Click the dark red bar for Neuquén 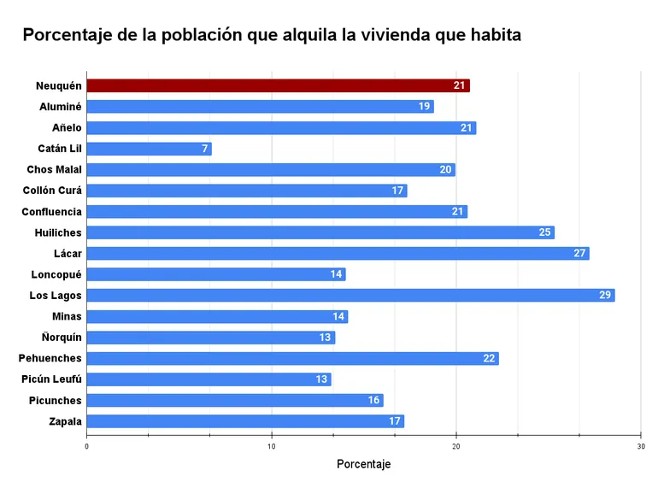tap(278, 85)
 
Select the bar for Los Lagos tap(350, 296)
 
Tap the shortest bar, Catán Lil tap(149, 149)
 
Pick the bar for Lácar tap(338, 254)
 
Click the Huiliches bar tap(320, 232)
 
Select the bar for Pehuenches tap(292, 358)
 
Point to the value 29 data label tap(605, 296)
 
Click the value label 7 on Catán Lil tap(205, 149)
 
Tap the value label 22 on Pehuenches tap(489, 358)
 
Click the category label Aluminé tap(61, 107)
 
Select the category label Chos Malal tap(54, 169)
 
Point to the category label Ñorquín tap(62, 338)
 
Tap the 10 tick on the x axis tap(272, 446)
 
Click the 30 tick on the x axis tap(641, 446)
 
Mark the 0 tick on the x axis tap(86, 446)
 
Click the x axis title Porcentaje tap(363, 464)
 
